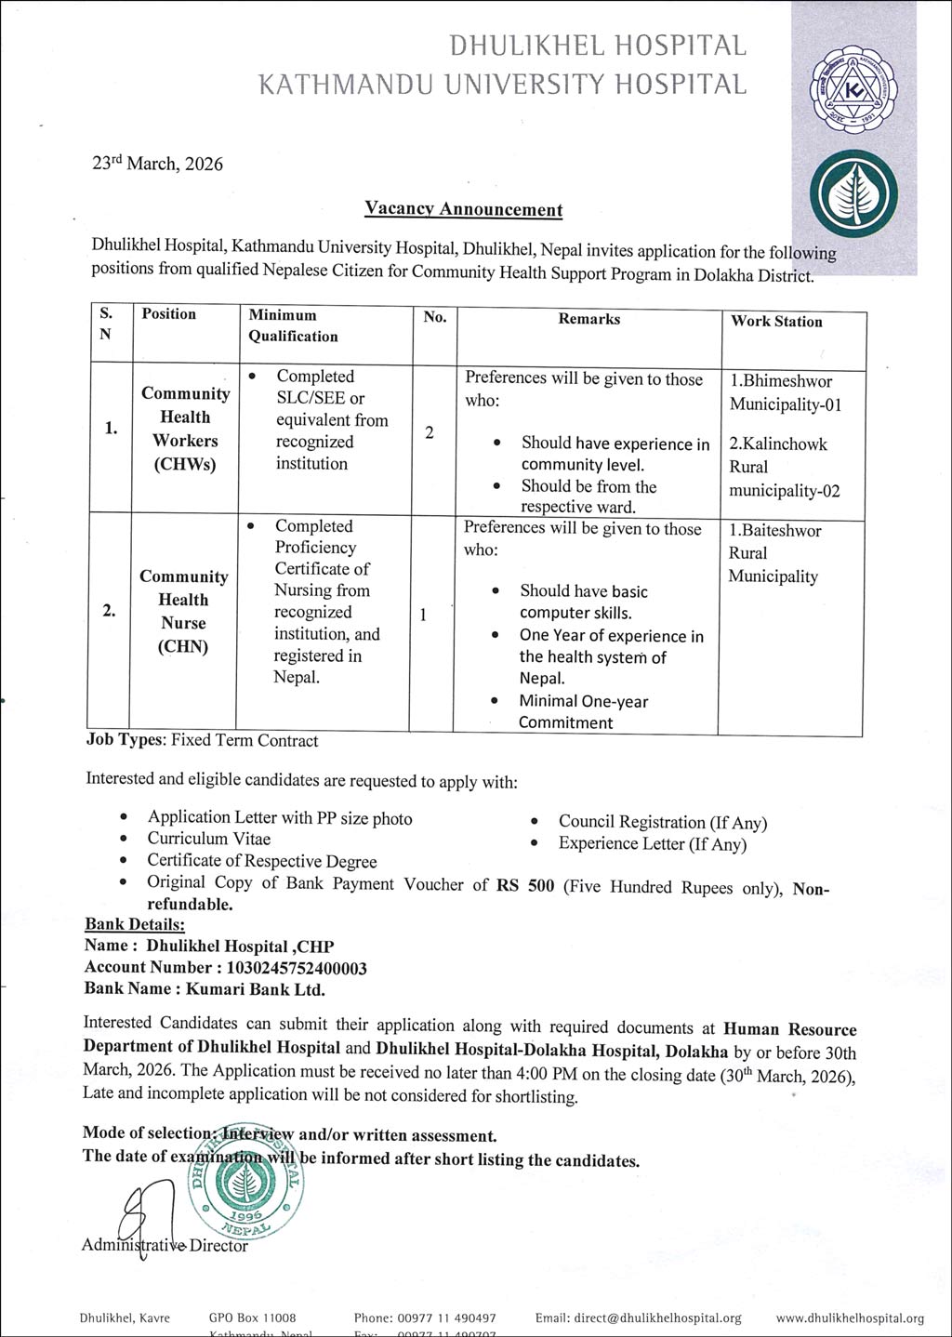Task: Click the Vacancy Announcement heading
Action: coord(463,209)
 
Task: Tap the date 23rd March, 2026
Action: coord(157,164)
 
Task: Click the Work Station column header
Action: coord(776,322)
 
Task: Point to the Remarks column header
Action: coord(588,319)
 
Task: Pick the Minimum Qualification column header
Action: coord(293,325)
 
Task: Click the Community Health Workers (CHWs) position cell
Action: coord(185,429)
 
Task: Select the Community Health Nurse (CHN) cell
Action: coord(183,611)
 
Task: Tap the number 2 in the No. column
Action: coord(430,432)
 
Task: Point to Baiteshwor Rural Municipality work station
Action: coord(774,553)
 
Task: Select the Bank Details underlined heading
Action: coord(135,924)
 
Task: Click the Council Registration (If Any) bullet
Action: coord(662,822)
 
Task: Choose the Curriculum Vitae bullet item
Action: coord(209,839)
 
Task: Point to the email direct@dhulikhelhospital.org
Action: coord(638,1317)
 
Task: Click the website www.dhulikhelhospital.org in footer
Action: coord(850,1317)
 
